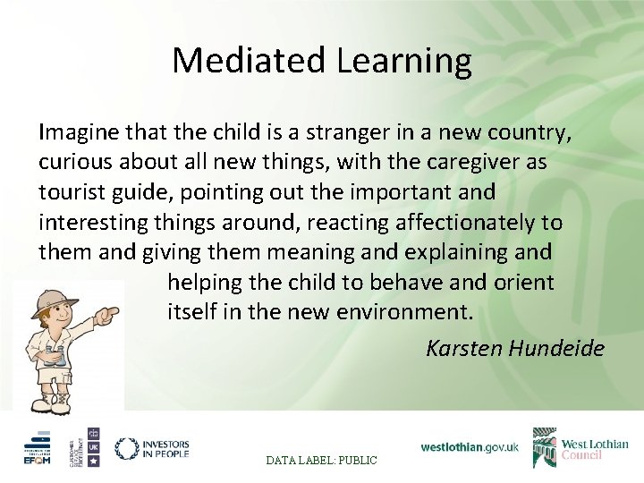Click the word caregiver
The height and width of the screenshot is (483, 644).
(x=479, y=163)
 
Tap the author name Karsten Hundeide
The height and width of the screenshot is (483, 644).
(x=514, y=347)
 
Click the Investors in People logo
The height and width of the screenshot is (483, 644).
(x=152, y=448)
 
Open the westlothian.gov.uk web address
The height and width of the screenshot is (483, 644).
(x=470, y=447)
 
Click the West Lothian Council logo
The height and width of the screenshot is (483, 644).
(x=580, y=447)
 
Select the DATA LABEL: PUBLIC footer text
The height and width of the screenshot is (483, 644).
(x=322, y=460)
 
